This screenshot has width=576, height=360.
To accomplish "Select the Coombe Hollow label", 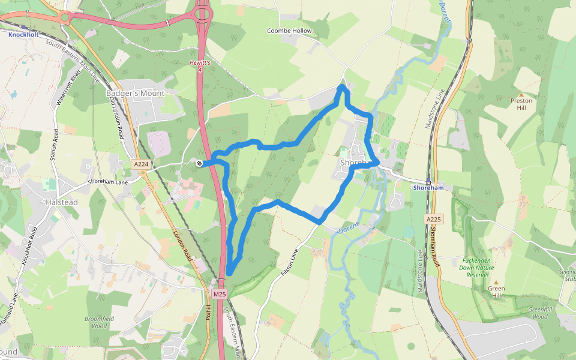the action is point(289,31).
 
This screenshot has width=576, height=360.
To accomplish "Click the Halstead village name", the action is point(62,202).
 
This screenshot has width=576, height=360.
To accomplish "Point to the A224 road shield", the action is point(140,164).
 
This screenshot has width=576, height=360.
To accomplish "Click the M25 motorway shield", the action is point(220,294).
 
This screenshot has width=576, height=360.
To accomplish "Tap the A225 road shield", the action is point(434,219).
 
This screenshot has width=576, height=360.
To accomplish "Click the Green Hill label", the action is point(496,292).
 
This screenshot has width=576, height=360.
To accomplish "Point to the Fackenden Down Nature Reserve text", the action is point(478,267).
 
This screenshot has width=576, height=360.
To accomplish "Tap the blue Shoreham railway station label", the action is point(428,188).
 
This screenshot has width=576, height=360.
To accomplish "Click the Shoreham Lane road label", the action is point(108,182).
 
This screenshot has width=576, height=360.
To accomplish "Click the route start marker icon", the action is point(199,163).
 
